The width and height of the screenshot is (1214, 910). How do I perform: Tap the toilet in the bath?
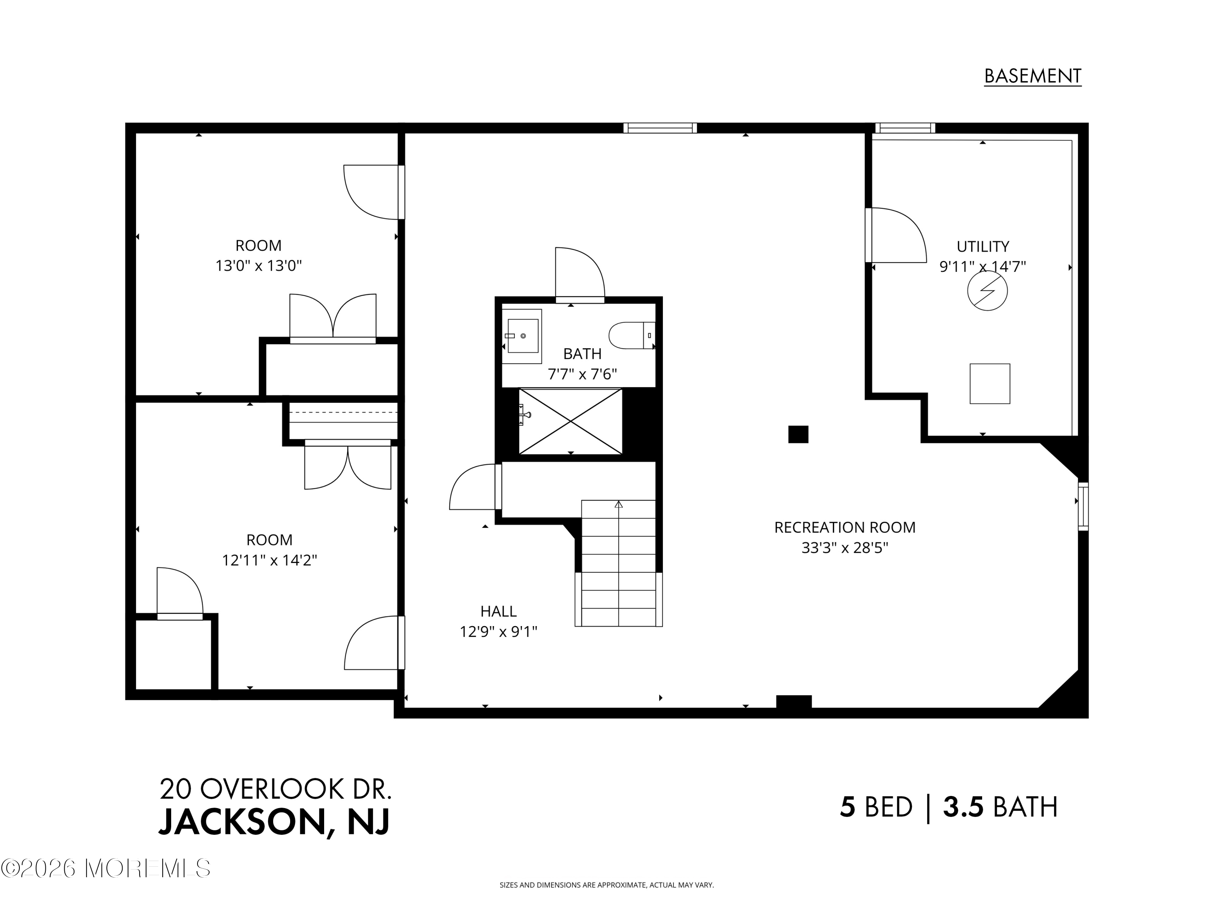[631, 335]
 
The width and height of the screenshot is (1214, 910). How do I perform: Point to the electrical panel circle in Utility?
[987, 291]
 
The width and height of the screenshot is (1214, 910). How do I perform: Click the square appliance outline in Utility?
[989, 383]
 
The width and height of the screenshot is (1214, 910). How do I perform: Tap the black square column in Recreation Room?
[798, 434]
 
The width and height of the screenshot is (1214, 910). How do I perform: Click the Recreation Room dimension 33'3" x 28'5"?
[845, 548]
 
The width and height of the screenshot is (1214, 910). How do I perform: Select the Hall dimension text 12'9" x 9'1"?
[498, 632]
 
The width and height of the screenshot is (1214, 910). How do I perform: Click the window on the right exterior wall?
[1083, 506]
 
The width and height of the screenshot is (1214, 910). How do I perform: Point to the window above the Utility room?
[905, 128]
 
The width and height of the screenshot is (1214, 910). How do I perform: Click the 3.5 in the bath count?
[963, 807]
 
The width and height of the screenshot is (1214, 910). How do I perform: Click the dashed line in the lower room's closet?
[343, 412]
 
